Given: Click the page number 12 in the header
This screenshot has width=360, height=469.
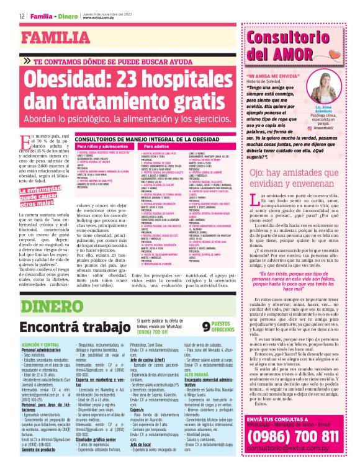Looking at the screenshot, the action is point(21,15).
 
